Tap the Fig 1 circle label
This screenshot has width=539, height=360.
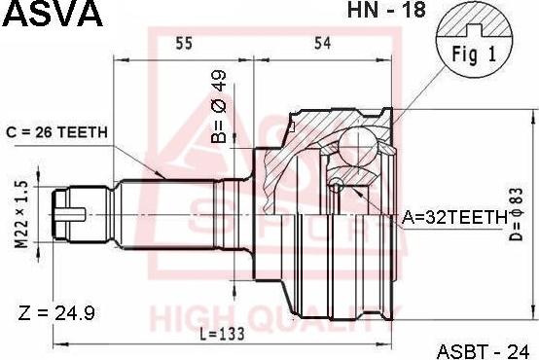coord(473,54)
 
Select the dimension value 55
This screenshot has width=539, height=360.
coord(184,43)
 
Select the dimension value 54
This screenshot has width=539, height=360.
coord(321,43)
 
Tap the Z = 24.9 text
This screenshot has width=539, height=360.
coord(56,314)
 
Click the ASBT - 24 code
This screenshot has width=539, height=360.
coord(486,347)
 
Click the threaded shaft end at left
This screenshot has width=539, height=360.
coord(73,212)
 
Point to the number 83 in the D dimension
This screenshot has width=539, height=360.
coord(518,199)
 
